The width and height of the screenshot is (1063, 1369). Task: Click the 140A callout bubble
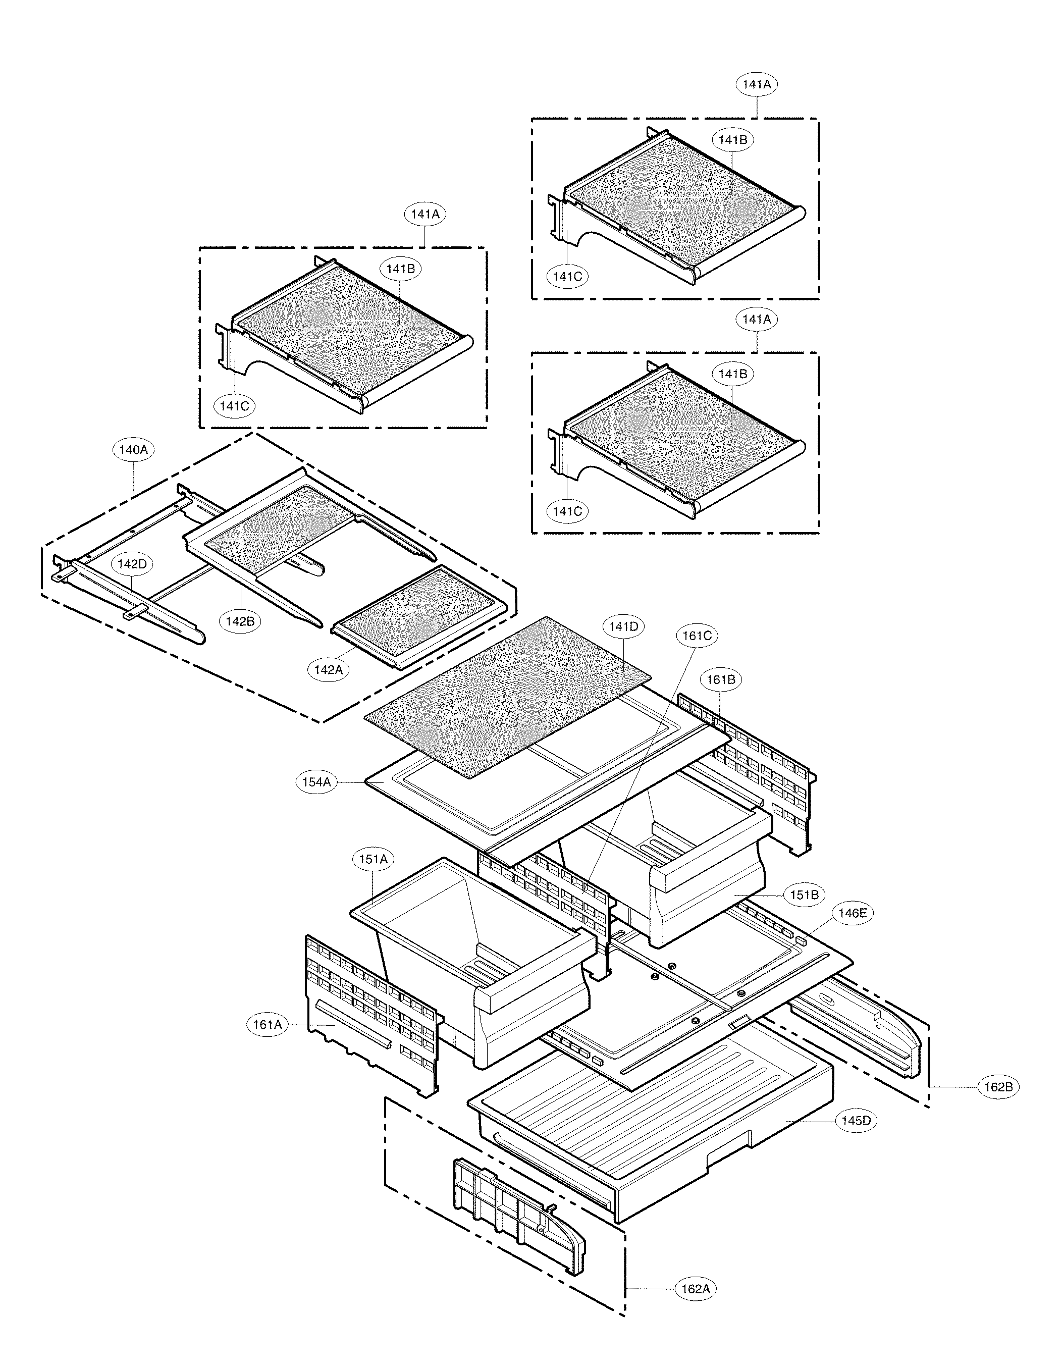[x=133, y=449]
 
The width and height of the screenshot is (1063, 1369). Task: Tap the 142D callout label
[x=132, y=563]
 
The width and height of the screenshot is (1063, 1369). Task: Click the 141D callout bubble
[x=624, y=626]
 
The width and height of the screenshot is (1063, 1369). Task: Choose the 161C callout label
[x=697, y=635]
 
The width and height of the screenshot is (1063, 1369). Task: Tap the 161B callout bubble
[x=721, y=679]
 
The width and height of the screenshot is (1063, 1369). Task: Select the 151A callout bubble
[x=373, y=859]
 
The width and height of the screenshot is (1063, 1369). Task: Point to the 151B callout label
[x=804, y=895]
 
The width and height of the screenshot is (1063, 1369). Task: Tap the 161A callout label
[x=267, y=1024]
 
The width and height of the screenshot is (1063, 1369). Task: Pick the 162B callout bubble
[x=998, y=1086]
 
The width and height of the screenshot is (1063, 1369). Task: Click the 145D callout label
[x=856, y=1120]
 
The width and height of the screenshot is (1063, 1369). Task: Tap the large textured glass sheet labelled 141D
[x=508, y=696]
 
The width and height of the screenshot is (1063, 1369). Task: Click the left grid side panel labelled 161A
[x=370, y=1016]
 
